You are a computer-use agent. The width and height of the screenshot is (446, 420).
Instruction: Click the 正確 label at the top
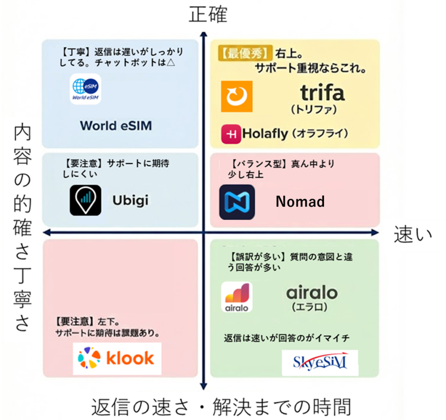[208, 15]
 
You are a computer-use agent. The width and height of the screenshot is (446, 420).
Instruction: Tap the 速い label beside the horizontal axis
[412, 235]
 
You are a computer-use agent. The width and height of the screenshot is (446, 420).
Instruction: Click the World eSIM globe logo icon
[86, 89]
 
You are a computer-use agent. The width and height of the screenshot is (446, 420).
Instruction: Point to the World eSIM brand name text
[116, 126]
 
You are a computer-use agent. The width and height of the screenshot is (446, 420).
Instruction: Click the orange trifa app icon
[237, 97]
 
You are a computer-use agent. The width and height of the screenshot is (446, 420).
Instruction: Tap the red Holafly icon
[231, 134]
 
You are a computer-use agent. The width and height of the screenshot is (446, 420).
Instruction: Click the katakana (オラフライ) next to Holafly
[320, 133]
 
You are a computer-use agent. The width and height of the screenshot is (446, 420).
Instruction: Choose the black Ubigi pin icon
[85, 200]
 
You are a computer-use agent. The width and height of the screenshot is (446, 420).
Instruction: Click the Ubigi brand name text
[131, 200]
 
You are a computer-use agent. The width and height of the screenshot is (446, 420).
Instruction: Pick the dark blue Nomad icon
[237, 202]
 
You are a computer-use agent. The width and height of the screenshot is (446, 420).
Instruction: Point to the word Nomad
[300, 202]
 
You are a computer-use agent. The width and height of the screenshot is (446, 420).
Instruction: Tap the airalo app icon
[237, 297]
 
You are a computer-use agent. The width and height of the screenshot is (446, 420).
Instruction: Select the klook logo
[117, 358]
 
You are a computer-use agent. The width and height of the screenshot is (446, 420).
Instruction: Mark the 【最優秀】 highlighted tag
[244, 53]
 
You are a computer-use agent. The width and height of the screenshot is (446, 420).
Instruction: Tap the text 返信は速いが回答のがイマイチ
[287, 338]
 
